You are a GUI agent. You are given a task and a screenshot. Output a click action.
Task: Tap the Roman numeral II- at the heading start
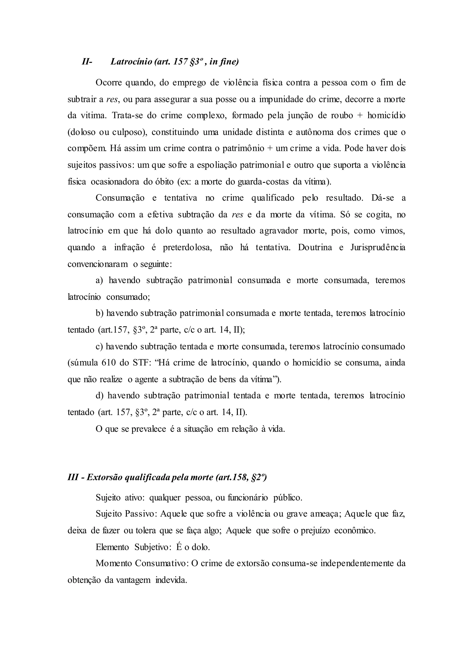tap(87, 62)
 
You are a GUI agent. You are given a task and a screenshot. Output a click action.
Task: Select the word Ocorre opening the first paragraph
tap(109, 83)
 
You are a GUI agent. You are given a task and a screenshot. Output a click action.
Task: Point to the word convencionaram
tap(97, 264)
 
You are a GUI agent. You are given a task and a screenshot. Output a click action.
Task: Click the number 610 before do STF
tap(108, 363)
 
